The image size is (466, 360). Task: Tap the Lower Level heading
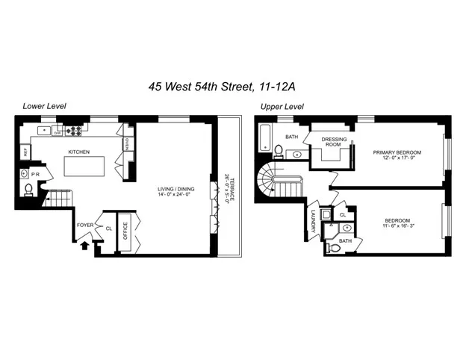pyautogui.click(x=45, y=106)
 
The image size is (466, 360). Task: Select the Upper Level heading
pyautogui.click(x=282, y=106)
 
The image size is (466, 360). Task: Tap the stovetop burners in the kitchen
pyautogui.click(x=74, y=131)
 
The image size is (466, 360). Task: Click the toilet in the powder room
pyautogui.click(x=28, y=190)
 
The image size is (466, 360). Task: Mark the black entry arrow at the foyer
pyautogui.click(x=84, y=243)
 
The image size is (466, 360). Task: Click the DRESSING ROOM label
pyautogui.click(x=330, y=143)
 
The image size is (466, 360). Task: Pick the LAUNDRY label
pyautogui.click(x=313, y=222)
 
